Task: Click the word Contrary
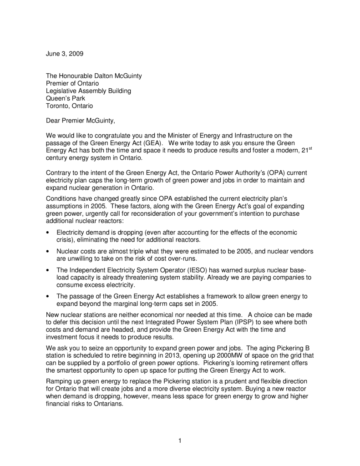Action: coord(60,173)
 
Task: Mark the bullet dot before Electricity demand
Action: coord(48,233)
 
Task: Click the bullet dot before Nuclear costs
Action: coord(48,252)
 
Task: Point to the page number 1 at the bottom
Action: coord(180,440)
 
